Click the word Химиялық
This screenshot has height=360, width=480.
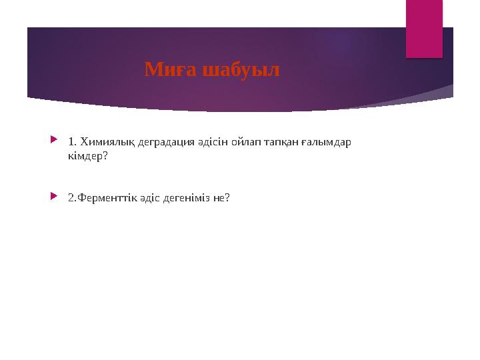point(101,142)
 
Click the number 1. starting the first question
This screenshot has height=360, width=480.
point(72,142)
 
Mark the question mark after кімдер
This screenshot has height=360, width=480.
point(105,157)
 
